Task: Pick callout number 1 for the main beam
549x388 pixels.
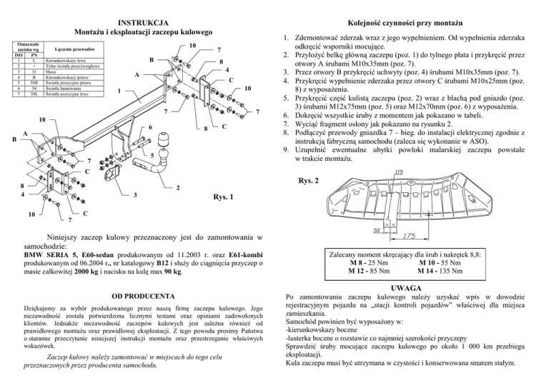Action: coord(119,90)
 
